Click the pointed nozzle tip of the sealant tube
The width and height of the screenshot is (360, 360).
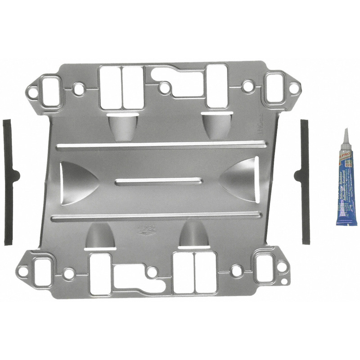pos(345,133)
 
